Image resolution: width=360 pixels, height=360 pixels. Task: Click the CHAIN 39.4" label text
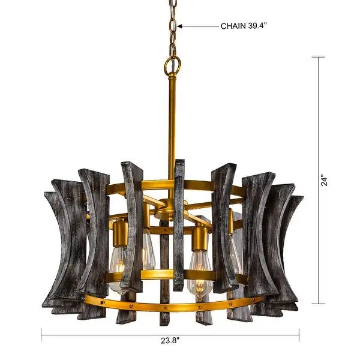[244, 26]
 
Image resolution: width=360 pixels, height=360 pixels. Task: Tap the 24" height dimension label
[325, 181]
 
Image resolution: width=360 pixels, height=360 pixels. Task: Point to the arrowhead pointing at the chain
[180, 26]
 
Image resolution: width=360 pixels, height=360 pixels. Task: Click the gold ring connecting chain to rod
[172, 65]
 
